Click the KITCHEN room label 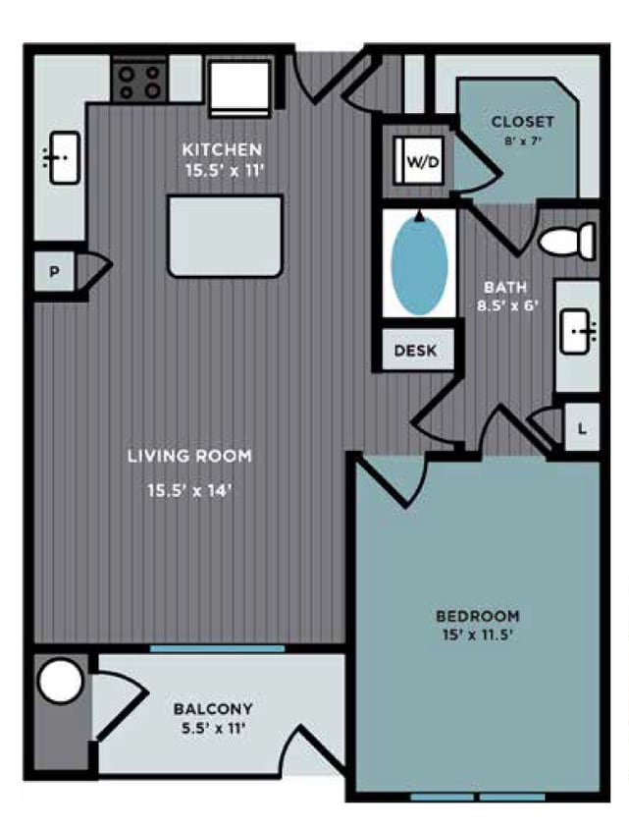point(222,149)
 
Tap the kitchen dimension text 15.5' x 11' point(222,169)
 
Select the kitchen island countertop point(226,236)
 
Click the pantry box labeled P point(55,273)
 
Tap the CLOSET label point(523,123)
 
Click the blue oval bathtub point(419,263)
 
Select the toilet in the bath point(569,240)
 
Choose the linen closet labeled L point(582,428)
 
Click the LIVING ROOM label point(189,456)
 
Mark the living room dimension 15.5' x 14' point(189,491)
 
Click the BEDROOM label point(478,616)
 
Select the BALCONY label point(213,708)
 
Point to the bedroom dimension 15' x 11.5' point(478,635)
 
